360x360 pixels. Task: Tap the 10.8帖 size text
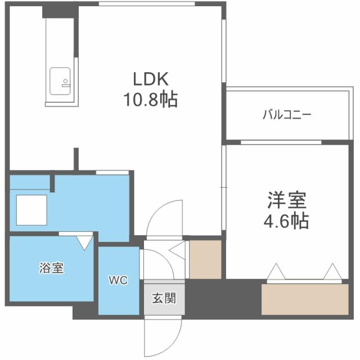tap(151, 100)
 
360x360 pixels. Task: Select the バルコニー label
tap(287, 115)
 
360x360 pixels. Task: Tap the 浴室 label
tap(51, 268)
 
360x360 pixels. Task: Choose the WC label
tap(118, 280)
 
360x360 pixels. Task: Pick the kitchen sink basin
tap(60, 82)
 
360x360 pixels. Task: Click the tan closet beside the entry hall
tap(205, 259)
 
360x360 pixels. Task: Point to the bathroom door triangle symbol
tap(84, 242)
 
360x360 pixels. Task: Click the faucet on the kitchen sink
tap(65, 82)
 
